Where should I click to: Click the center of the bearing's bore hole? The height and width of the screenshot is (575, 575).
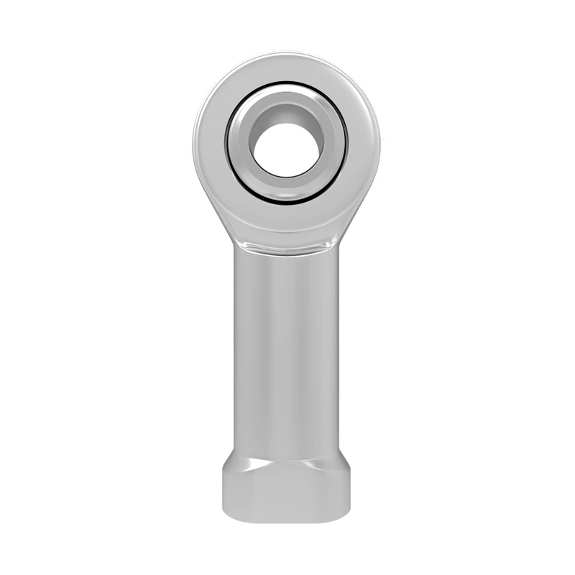286,149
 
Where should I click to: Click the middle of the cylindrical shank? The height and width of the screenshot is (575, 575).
286,345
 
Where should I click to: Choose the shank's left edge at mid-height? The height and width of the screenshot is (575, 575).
235,345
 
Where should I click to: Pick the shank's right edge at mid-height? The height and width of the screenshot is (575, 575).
337,345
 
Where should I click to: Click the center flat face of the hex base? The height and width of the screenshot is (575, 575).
286,492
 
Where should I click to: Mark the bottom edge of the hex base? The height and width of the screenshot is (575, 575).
286,519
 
